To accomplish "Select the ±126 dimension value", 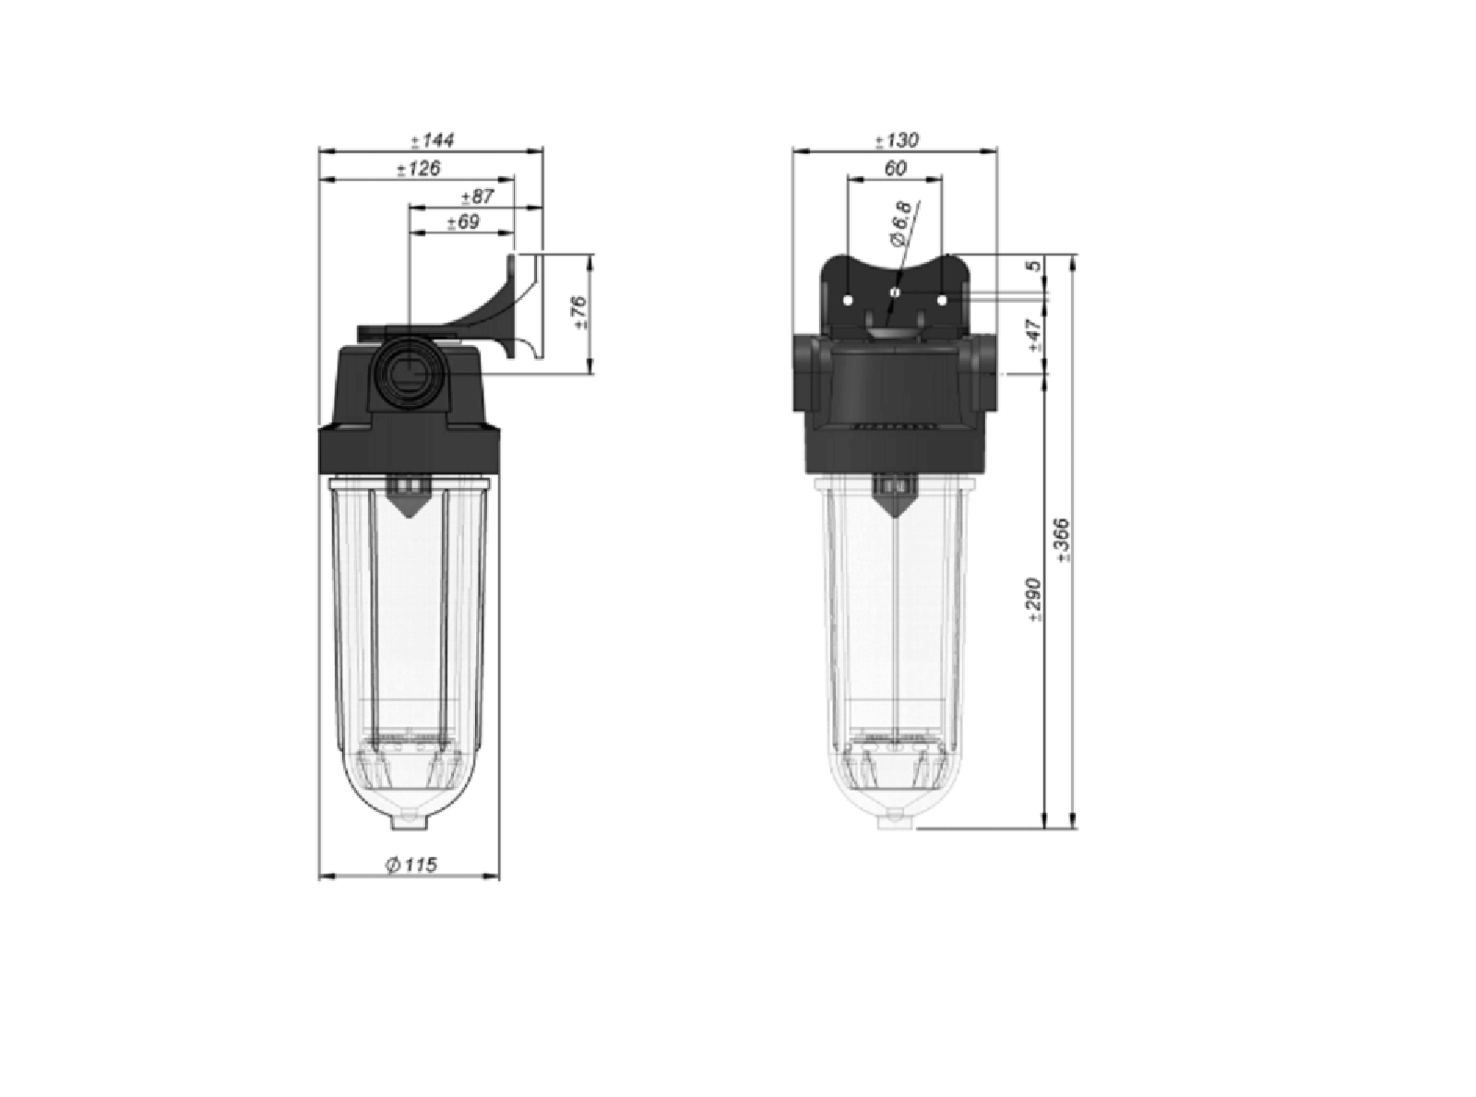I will (x=419, y=169).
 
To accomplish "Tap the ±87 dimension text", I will (x=478, y=197).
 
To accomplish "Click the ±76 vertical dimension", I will (x=580, y=313).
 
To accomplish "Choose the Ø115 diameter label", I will (x=411, y=864).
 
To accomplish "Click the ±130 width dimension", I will (x=897, y=141).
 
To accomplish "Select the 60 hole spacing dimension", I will (x=895, y=168).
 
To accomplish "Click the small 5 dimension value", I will (x=1035, y=266).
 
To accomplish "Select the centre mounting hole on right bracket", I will (x=894, y=292).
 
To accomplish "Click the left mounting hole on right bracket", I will (x=849, y=299).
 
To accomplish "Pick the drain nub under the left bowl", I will (x=410, y=818).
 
